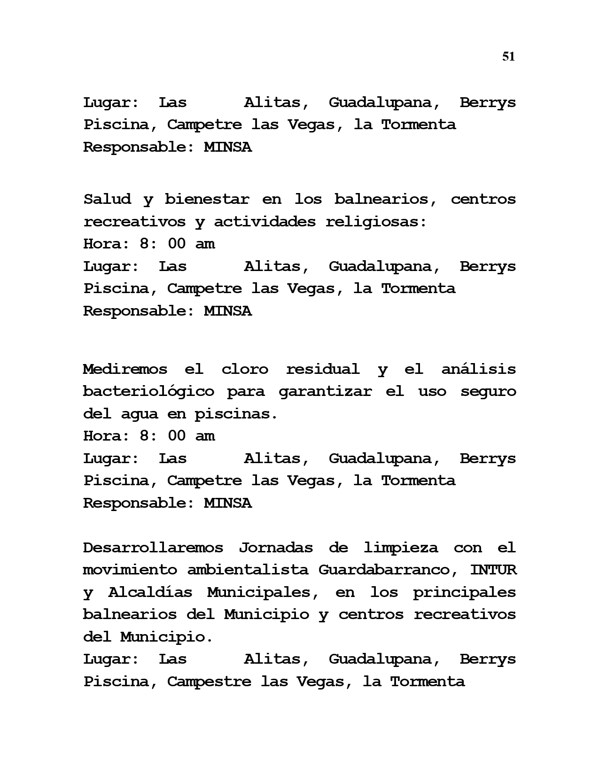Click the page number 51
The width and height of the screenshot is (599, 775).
[508, 57]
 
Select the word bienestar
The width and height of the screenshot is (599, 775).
[207, 199]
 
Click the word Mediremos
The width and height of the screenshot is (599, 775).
[125, 369]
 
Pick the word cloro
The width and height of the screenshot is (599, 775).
[245, 369]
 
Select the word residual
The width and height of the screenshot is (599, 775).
[323, 369]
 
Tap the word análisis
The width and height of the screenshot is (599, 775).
[479, 369]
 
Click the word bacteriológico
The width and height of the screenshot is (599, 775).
[148, 392]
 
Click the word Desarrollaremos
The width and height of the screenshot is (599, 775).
[153, 548]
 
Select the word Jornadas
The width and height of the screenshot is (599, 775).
[277, 548]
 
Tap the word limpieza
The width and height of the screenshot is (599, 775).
[401, 548]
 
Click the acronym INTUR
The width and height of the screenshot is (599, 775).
[493, 570]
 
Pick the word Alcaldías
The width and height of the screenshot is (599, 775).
[150, 592]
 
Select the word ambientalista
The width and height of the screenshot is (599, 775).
[248, 570]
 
